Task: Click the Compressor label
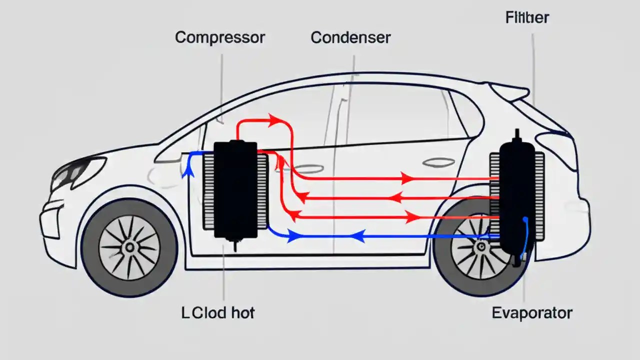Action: coord(219,37)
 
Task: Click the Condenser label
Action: coord(350,37)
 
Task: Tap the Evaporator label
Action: coord(532,313)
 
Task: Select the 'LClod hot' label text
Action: coord(217,313)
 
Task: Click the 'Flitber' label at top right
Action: coord(527,18)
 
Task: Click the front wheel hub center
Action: coord(130,247)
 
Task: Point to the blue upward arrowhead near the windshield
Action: coord(188,171)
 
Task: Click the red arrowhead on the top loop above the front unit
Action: coord(274,120)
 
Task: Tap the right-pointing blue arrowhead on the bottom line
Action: coord(293,236)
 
